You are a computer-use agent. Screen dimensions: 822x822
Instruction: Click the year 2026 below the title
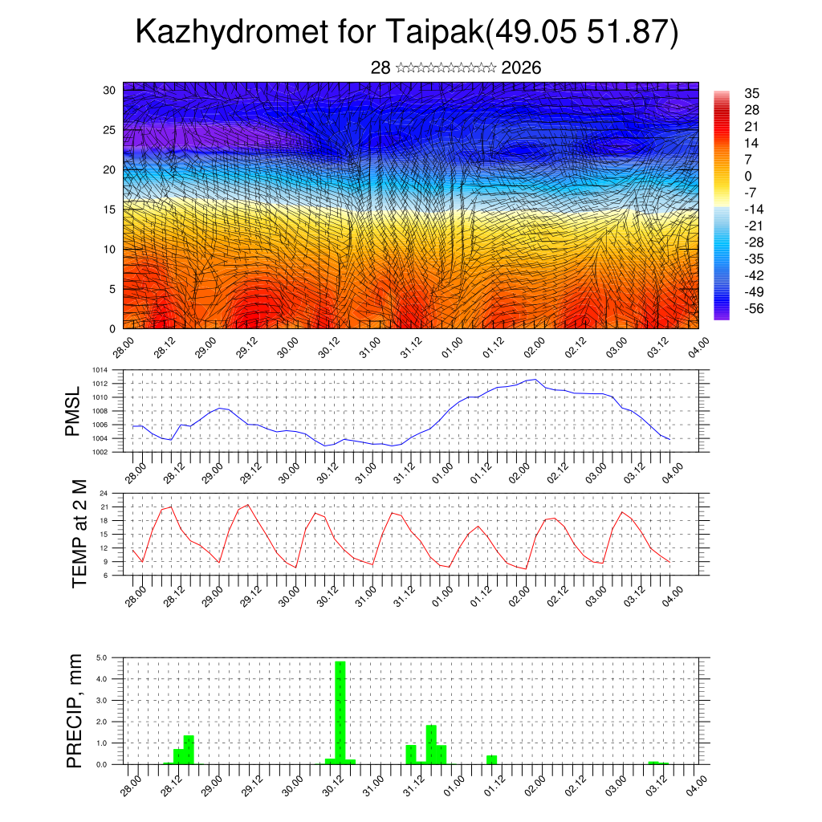(x=521, y=67)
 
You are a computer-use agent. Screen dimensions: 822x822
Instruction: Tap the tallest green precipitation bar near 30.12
(x=340, y=710)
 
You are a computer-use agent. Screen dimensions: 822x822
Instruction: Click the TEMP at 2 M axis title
(x=79, y=533)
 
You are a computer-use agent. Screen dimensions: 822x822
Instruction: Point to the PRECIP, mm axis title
(x=75, y=710)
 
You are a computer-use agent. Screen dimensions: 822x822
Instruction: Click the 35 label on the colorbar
(x=752, y=93)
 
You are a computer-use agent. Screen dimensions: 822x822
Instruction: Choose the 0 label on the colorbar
(x=748, y=176)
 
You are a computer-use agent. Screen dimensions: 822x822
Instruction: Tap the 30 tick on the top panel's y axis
(x=109, y=90)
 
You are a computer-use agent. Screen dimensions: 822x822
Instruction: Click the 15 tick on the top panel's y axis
(x=109, y=210)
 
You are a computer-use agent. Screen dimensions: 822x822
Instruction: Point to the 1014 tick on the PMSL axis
(x=99, y=370)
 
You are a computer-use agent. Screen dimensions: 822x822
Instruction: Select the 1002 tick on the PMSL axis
(x=99, y=452)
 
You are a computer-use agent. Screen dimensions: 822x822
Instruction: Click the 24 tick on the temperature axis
(x=104, y=493)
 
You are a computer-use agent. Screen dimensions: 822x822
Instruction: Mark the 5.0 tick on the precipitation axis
(x=102, y=657)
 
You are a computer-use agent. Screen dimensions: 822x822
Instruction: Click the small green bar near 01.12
(x=491, y=759)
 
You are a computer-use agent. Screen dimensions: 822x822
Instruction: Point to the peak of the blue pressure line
(x=534, y=379)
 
